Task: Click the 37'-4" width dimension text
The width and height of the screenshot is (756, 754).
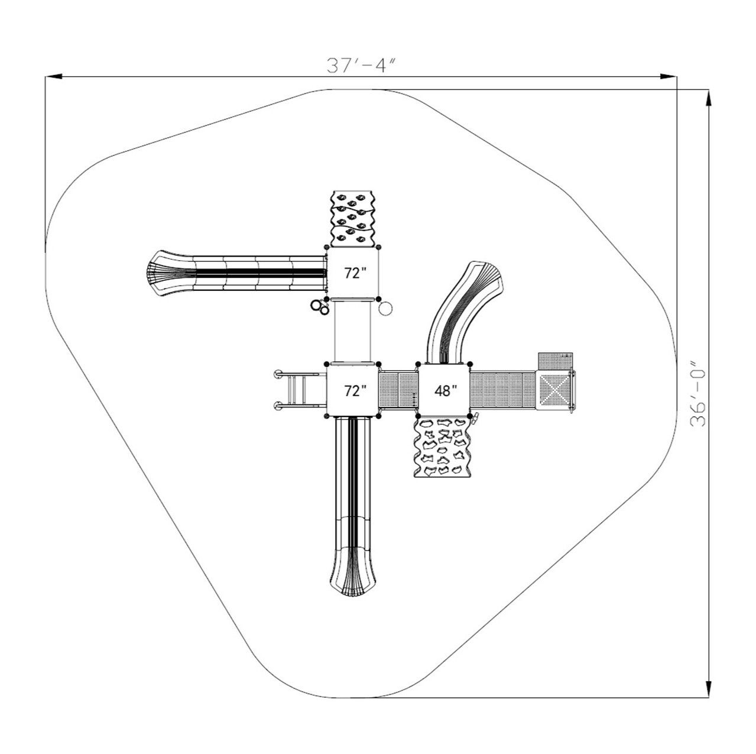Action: point(361,66)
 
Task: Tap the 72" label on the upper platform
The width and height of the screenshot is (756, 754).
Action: point(355,273)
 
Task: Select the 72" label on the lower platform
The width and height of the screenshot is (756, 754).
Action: point(355,390)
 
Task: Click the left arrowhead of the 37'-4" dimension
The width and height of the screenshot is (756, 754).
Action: point(54,76)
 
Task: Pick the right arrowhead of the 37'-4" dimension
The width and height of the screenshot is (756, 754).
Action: point(669,76)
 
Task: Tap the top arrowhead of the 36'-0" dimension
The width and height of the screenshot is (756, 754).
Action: point(709,98)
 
